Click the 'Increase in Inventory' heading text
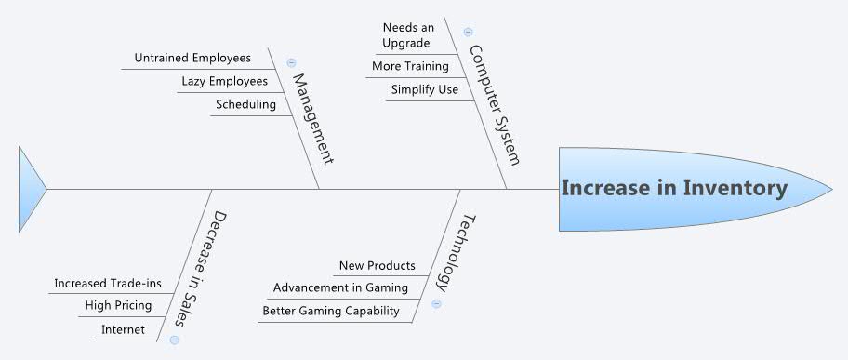(x=674, y=188)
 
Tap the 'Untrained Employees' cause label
(x=192, y=58)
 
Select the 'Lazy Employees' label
(x=224, y=82)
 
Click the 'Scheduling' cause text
(x=245, y=104)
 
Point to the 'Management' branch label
(x=312, y=119)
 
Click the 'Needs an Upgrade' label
(x=408, y=35)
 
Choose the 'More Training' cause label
(x=410, y=66)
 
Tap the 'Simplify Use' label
(x=424, y=89)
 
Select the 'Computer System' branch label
(x=496, y=104)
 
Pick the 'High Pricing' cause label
(x=118, y=305)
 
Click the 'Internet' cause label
(x=123, y=329)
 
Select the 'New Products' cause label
(x=378, y=265)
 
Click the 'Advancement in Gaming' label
(x=340, y=287)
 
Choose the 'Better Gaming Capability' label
(x=331, y=311)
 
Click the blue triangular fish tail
(x=30, y=189)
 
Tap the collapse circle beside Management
(x=291, y=63)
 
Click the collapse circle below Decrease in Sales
(x=175, y=340)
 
